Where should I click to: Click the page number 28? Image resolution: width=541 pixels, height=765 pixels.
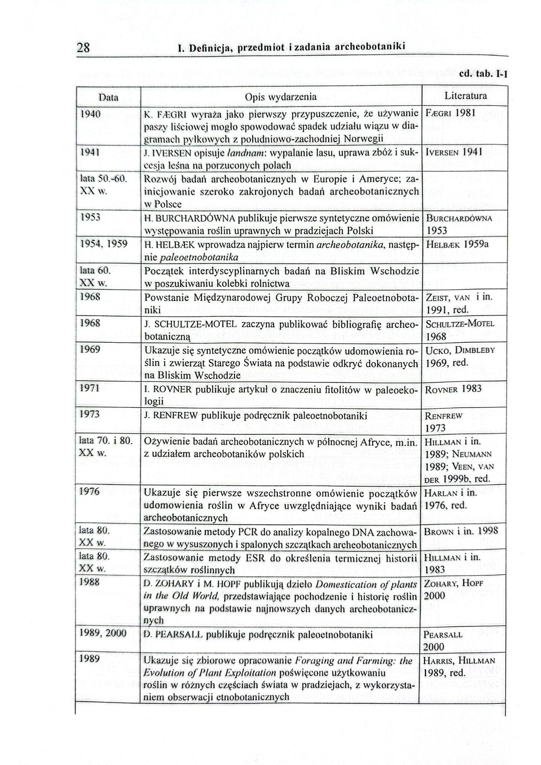pos(83,48)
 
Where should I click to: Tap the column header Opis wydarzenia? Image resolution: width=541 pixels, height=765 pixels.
pos(280,97)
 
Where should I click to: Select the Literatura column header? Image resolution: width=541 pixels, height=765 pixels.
pos(466,96)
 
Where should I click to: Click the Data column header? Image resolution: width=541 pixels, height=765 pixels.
pos(108,97)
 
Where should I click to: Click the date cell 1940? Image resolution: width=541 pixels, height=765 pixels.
pos(90,114)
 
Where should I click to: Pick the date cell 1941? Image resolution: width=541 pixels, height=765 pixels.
pos(90,152)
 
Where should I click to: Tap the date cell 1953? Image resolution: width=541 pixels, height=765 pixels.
pos(90,217)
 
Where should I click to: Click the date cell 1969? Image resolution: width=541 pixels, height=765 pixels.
pos(90,350)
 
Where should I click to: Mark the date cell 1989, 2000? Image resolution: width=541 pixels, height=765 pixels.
pos(103,633)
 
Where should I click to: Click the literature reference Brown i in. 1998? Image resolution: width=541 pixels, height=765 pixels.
pos(461,531)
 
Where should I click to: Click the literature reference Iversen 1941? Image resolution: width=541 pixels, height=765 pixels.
pos(454,152)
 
